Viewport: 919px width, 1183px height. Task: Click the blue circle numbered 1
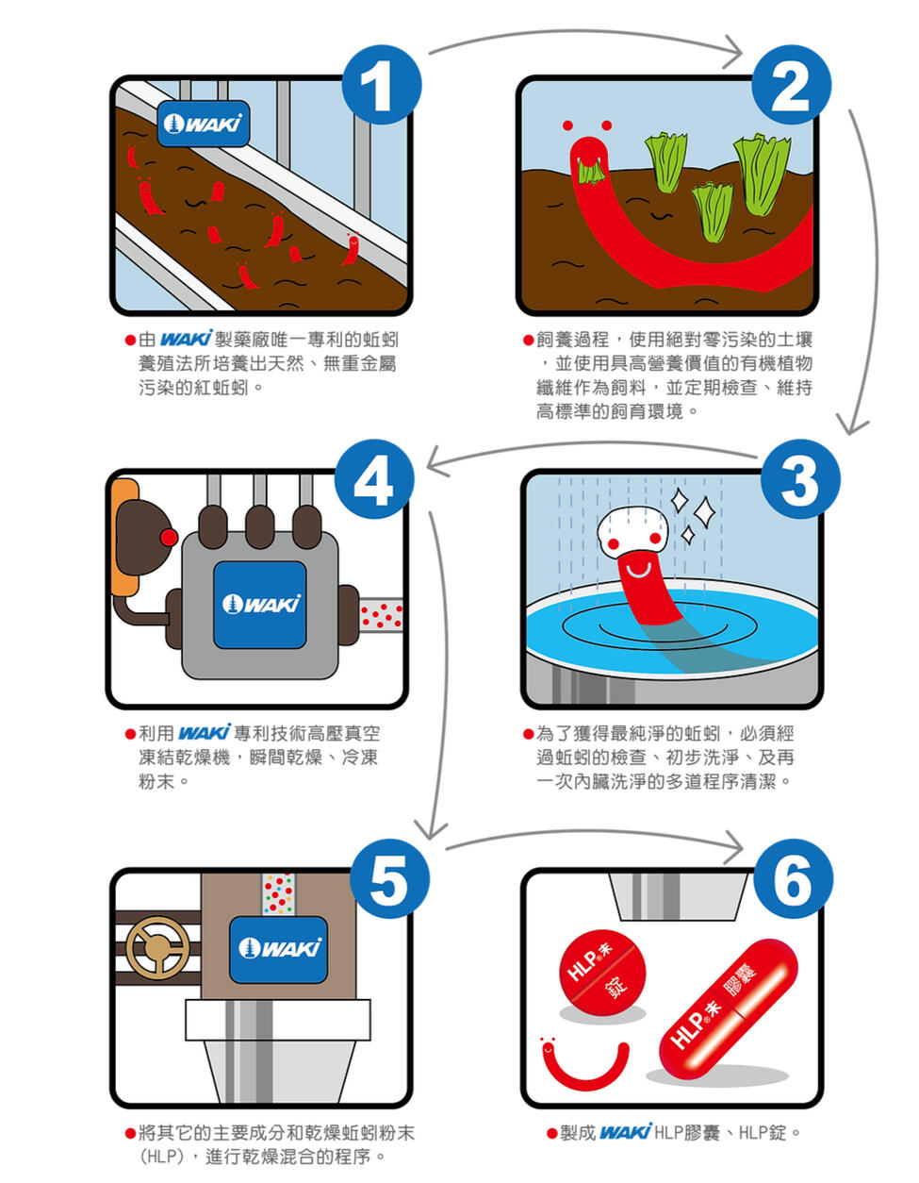pos(381,85)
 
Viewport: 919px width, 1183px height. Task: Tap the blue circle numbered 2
pos(791,85)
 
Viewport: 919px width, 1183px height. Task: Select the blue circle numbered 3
pos(800,479)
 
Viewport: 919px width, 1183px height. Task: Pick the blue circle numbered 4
pos(373,479)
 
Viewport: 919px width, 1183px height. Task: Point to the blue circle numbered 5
pos(388,877)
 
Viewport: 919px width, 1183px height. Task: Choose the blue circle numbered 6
pos(794,877)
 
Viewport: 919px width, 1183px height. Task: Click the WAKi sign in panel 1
pos(204,124)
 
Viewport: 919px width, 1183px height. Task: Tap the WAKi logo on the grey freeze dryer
pos(260,605)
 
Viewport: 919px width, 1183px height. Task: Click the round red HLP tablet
pos(602,973)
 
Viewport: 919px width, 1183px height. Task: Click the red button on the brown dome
pos(169,538)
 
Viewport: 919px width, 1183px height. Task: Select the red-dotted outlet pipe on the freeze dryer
pos(381,615)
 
